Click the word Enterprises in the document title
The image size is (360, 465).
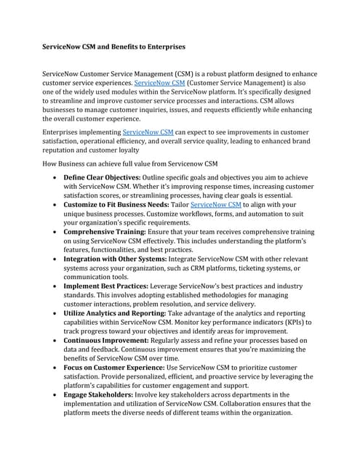pyautogui.click(x=161, y=46)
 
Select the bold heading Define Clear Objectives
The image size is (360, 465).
pyautogui.click(x=105, y=177)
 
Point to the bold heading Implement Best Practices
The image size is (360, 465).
pyautogui.click(x=106, y=287)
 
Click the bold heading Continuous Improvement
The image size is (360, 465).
pyautogui.click(x=106, y=340)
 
